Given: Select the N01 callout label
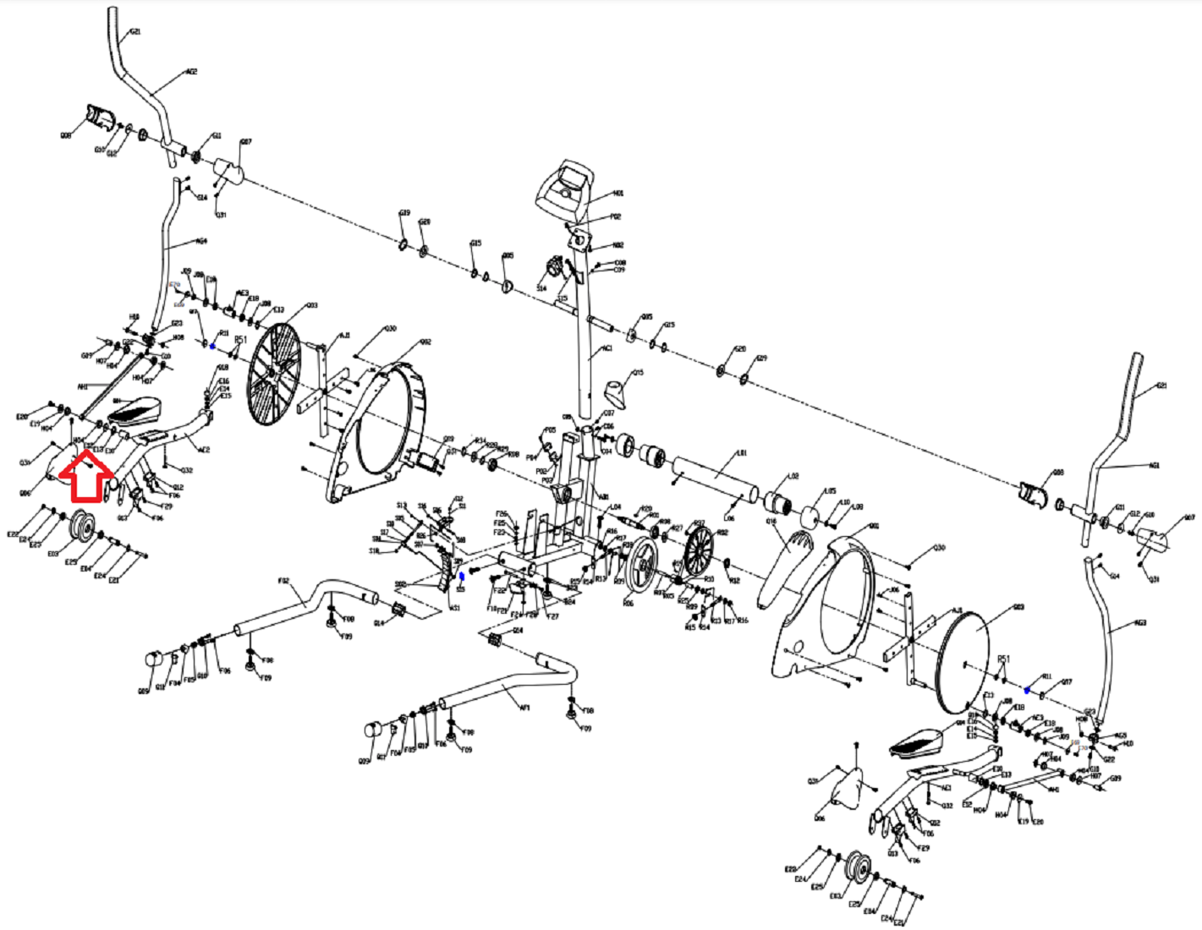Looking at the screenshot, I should pos(617,194).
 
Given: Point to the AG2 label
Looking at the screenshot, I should pos(191,72).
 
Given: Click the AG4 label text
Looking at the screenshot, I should pos(201,241).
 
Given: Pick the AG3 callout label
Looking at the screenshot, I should pos(1140,623).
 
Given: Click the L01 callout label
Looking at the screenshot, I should pos(742,454).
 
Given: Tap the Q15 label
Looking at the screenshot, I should pos(638,373).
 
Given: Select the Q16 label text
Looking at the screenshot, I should pos(771,522).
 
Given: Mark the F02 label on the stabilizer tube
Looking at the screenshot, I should pos(284,581).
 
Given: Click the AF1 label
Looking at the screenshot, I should pos(525,686).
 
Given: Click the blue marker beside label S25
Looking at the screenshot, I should pos(461,577).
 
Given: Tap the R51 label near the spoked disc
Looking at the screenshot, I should pos(240,340).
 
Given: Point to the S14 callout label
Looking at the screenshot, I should pos(541,288).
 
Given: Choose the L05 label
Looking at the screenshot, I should pos(830,490).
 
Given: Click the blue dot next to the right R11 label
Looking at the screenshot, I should pos(1027,691).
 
